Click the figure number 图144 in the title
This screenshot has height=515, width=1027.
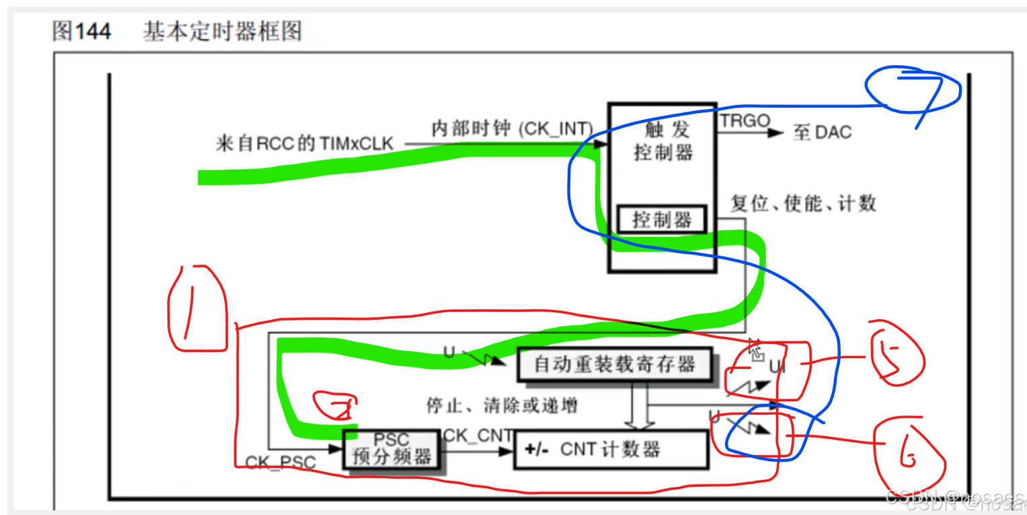pyautogui.click(x=81, y=32)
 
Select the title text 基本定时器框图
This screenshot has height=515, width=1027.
pyautogui.click(x=222, y=32)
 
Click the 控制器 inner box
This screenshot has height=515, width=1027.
pyautogui.click(x=662, y=220)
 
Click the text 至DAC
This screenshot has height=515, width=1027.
pyautogui.click(x=822, y=132)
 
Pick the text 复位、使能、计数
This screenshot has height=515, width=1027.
pyautogui.click(x=804, y=203)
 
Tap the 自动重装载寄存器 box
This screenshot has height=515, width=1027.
pyautogui.click(x=614, y=364)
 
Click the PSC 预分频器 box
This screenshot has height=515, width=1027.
pyautogui.click(x=392, y=448)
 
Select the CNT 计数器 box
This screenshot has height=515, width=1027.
pyautogui.click(x=611, y=449)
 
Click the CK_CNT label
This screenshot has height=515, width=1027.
pyautogui.click(x=478, y=436)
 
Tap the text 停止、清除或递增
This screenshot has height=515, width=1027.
pyautogui.click(x=502, y=405)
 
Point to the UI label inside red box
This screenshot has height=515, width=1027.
pyautogui.click(x=777, y=367)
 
